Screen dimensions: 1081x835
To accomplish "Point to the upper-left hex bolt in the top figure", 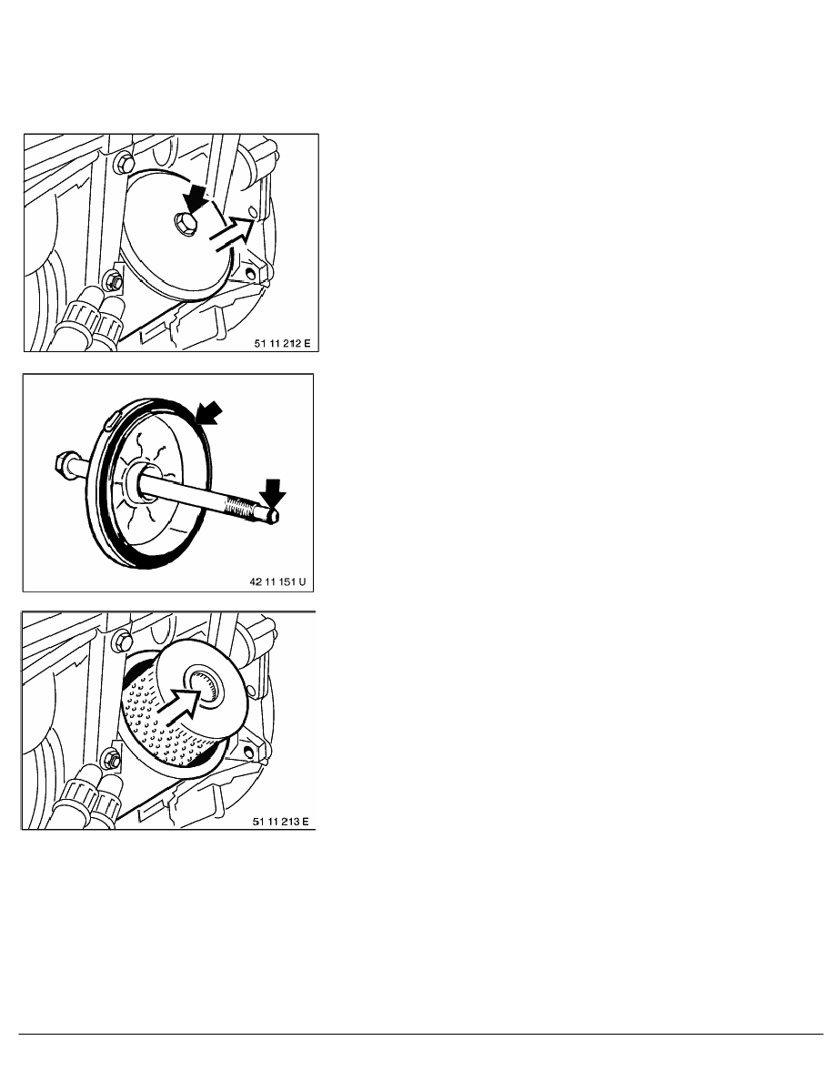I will pyautogui.click(x=123, y=164).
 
